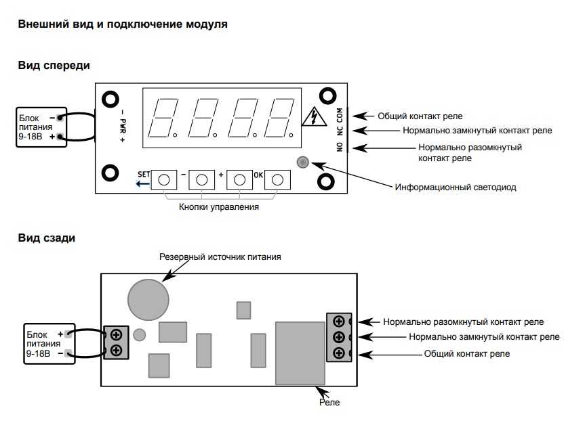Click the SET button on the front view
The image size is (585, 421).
[x=164, y=180]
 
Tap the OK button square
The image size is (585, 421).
[x=277, y=180]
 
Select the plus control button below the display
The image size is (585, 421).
[x=239, y=180]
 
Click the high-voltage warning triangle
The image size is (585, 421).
[x=315, y=116]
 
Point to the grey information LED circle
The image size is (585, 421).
[x=302, y=162]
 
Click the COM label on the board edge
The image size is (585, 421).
[x=340, y=115]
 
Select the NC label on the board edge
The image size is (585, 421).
[x=340, y=131]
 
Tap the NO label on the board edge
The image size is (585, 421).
[x=340, y=147]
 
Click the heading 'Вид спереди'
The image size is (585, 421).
[x=54, y=66]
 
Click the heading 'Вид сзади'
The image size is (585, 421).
[x=47, y=238]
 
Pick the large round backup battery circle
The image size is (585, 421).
[x=148, y=300]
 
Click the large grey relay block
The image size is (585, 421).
[x=300, y=353]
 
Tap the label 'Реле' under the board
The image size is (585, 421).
[x=329, y=402]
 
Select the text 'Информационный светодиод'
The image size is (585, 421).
[x=456, y=187]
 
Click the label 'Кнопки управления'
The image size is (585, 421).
[x=219, y=207]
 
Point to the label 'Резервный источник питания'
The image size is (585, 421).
[x=220, y=257]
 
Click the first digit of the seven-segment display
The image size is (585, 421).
[x=162, y=118]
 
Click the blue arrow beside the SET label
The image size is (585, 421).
[x=142, y=183]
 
